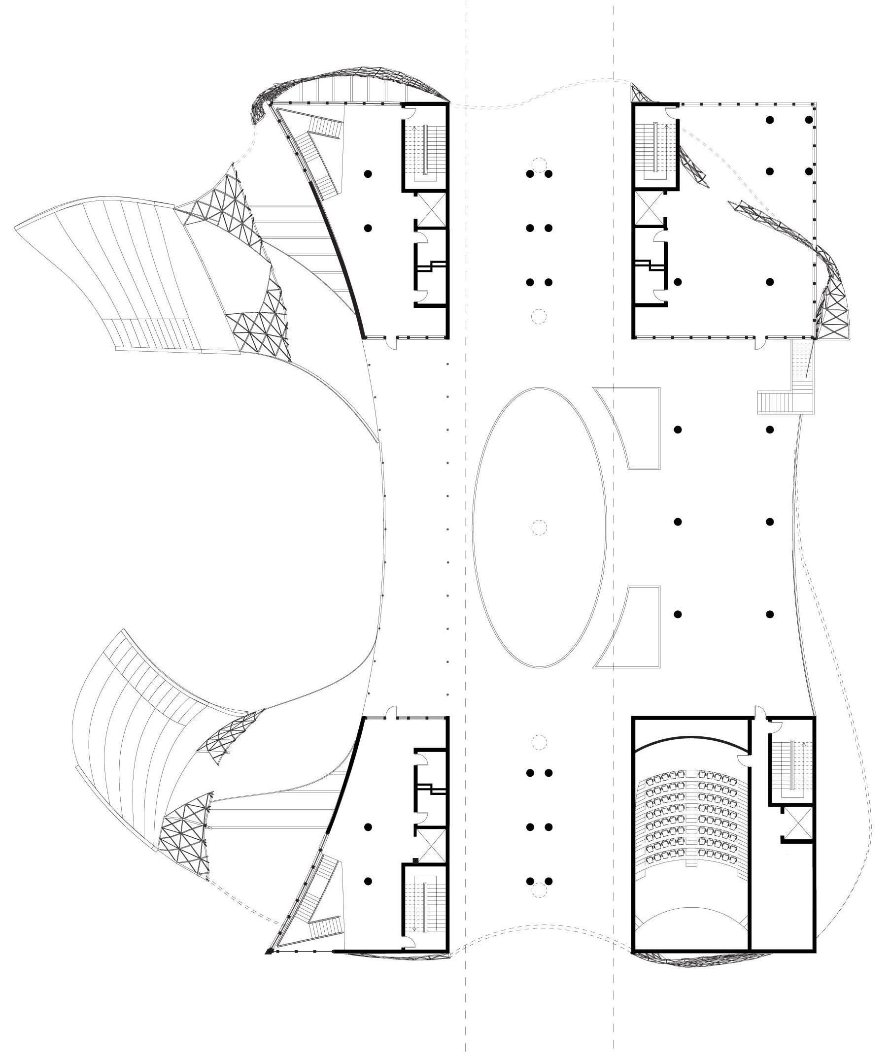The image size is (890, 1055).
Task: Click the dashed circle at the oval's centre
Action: pos(539,527)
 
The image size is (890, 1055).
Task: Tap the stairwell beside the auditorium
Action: pos(790,766)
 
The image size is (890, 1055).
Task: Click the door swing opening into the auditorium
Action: pos(744,760)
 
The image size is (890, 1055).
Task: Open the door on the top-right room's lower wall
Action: pos(759,343)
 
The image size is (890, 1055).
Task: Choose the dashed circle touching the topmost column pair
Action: pos(539,165)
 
